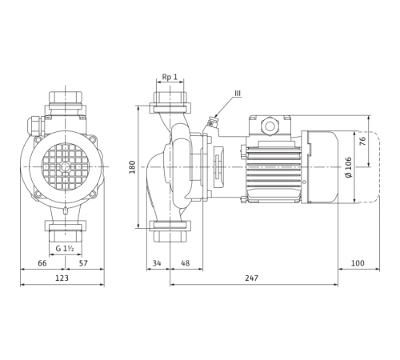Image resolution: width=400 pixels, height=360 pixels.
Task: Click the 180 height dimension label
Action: coord(132,167)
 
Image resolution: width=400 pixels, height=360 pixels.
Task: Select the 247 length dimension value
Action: coord(252,278)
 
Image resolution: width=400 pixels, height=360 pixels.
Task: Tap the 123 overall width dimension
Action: coord(62,278)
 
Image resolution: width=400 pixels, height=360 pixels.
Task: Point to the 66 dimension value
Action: coord(42,263)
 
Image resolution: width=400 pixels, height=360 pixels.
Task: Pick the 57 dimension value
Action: coord(83,263)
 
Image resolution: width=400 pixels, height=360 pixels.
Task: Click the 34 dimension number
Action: coord(157,263)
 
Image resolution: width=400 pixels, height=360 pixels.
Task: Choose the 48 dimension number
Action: coord(185,263)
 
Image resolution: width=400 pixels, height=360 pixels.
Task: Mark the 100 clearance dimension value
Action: coord(358,263)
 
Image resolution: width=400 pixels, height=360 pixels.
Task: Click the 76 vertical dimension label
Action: coord(362,141)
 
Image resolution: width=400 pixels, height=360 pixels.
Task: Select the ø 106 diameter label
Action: coord(348,167)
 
